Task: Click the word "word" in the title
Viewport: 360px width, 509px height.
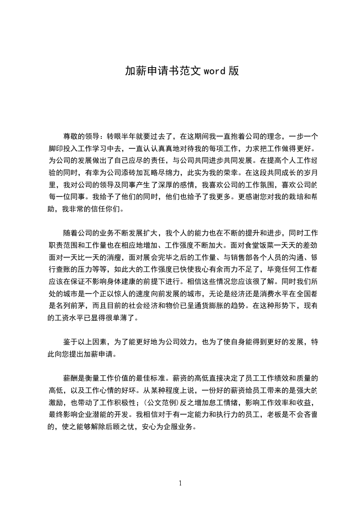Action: click(x=215, y=71)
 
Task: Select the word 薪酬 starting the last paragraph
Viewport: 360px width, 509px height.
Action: click(x=70, y=377)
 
